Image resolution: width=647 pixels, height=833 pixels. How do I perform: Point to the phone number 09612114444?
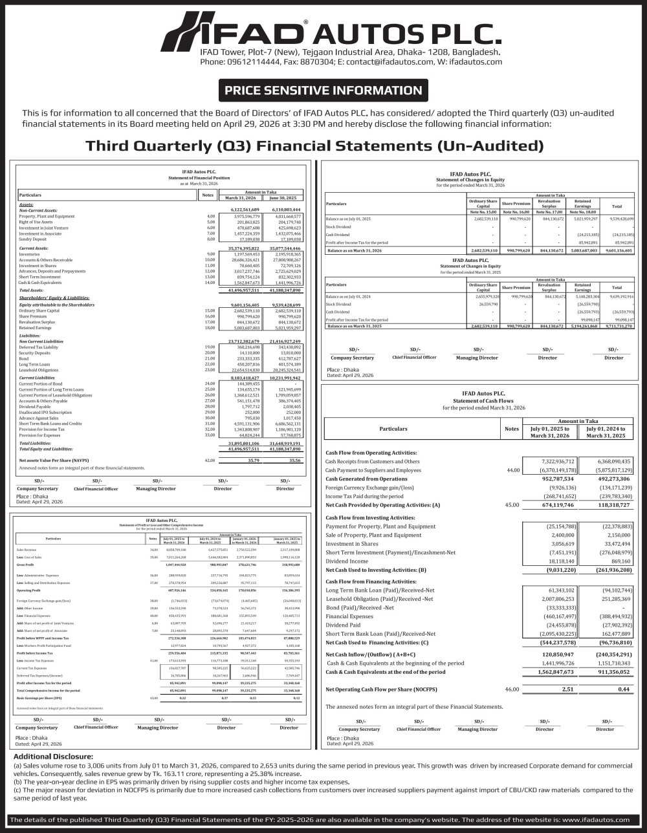pyautogui.click(x=249, y=61)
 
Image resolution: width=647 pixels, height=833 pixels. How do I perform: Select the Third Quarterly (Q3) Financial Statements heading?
pyautogui.click(x=314, y=146)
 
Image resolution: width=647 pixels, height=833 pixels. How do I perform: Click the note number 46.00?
pyautogui.click(x=512, y=689)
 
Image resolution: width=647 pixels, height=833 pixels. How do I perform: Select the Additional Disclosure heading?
pyautogui.click(x=53, y=756)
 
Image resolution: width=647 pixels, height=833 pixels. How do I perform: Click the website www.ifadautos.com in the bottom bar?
pyautogui.click(x=594, y=819)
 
